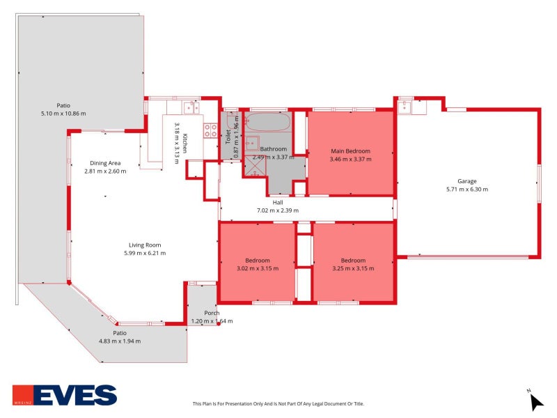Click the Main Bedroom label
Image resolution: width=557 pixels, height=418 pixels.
click(x=350, y=151)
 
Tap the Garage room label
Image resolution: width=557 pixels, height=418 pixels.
click(x=466, y=181)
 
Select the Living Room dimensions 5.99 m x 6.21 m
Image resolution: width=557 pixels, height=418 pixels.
click(x=145, y=253)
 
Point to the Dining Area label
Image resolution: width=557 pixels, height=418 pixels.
click(x=105, y=163)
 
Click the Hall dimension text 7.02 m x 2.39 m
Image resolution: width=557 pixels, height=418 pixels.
click(x=277, y=210)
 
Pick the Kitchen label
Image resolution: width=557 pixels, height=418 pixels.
click(x=185, y=144)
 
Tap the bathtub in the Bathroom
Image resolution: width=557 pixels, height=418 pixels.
click(x=268, y=122)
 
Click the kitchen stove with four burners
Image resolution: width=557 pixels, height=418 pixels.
click(x=210, y=130)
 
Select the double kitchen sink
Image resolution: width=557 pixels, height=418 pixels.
click(x=191, y=107)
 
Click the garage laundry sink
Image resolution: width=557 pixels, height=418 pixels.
click(x=405, y=107)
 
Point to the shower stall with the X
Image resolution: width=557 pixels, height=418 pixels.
click(x=255, y=166)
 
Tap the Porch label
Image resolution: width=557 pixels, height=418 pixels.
click(x=212, y=313)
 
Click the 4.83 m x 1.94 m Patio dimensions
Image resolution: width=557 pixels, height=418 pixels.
click(x=120, y=341)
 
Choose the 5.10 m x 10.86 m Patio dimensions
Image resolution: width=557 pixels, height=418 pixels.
click(x=63, y=114)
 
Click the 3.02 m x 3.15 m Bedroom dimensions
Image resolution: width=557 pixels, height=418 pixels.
click(x=258, y=268)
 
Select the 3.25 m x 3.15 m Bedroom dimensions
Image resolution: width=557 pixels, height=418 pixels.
click(x=353, y=268)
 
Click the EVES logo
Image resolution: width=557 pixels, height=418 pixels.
click(x=65, y=395)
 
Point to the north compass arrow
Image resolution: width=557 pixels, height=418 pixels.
click(x=536, y=402)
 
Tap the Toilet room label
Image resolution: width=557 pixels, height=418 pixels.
click(x=228, y=137)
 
